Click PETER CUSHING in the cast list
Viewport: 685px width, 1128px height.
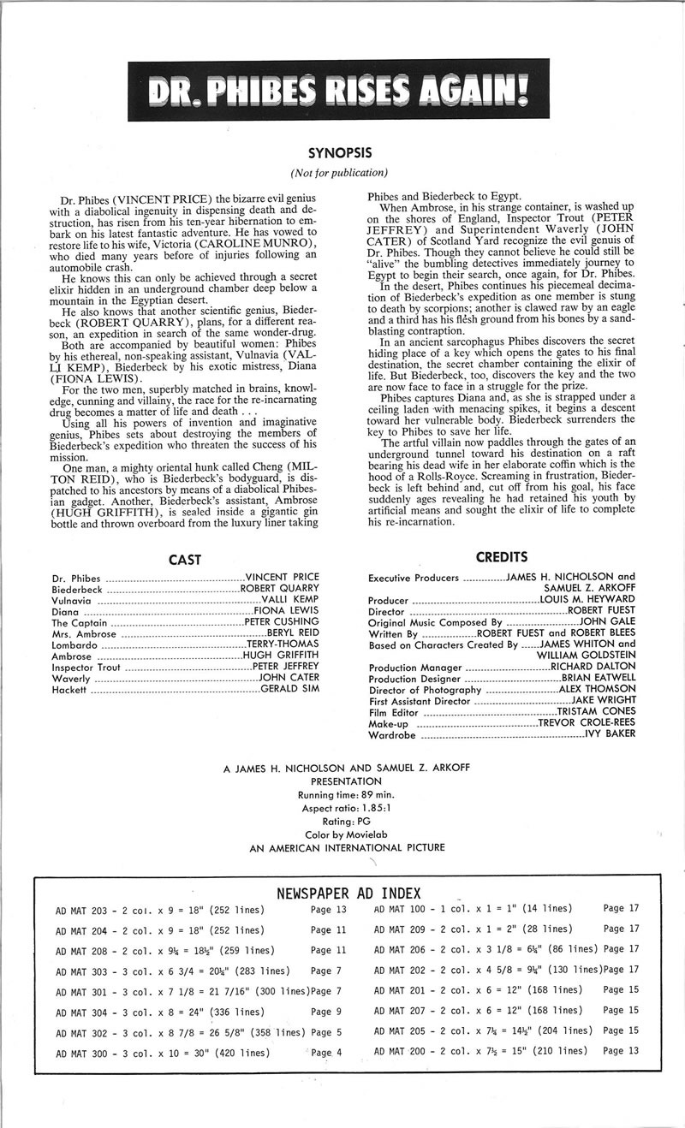[x=282, y=622]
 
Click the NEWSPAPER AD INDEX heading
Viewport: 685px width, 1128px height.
[x=348, y=893]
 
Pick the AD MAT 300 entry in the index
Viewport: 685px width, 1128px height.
[x=83, y=1051]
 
